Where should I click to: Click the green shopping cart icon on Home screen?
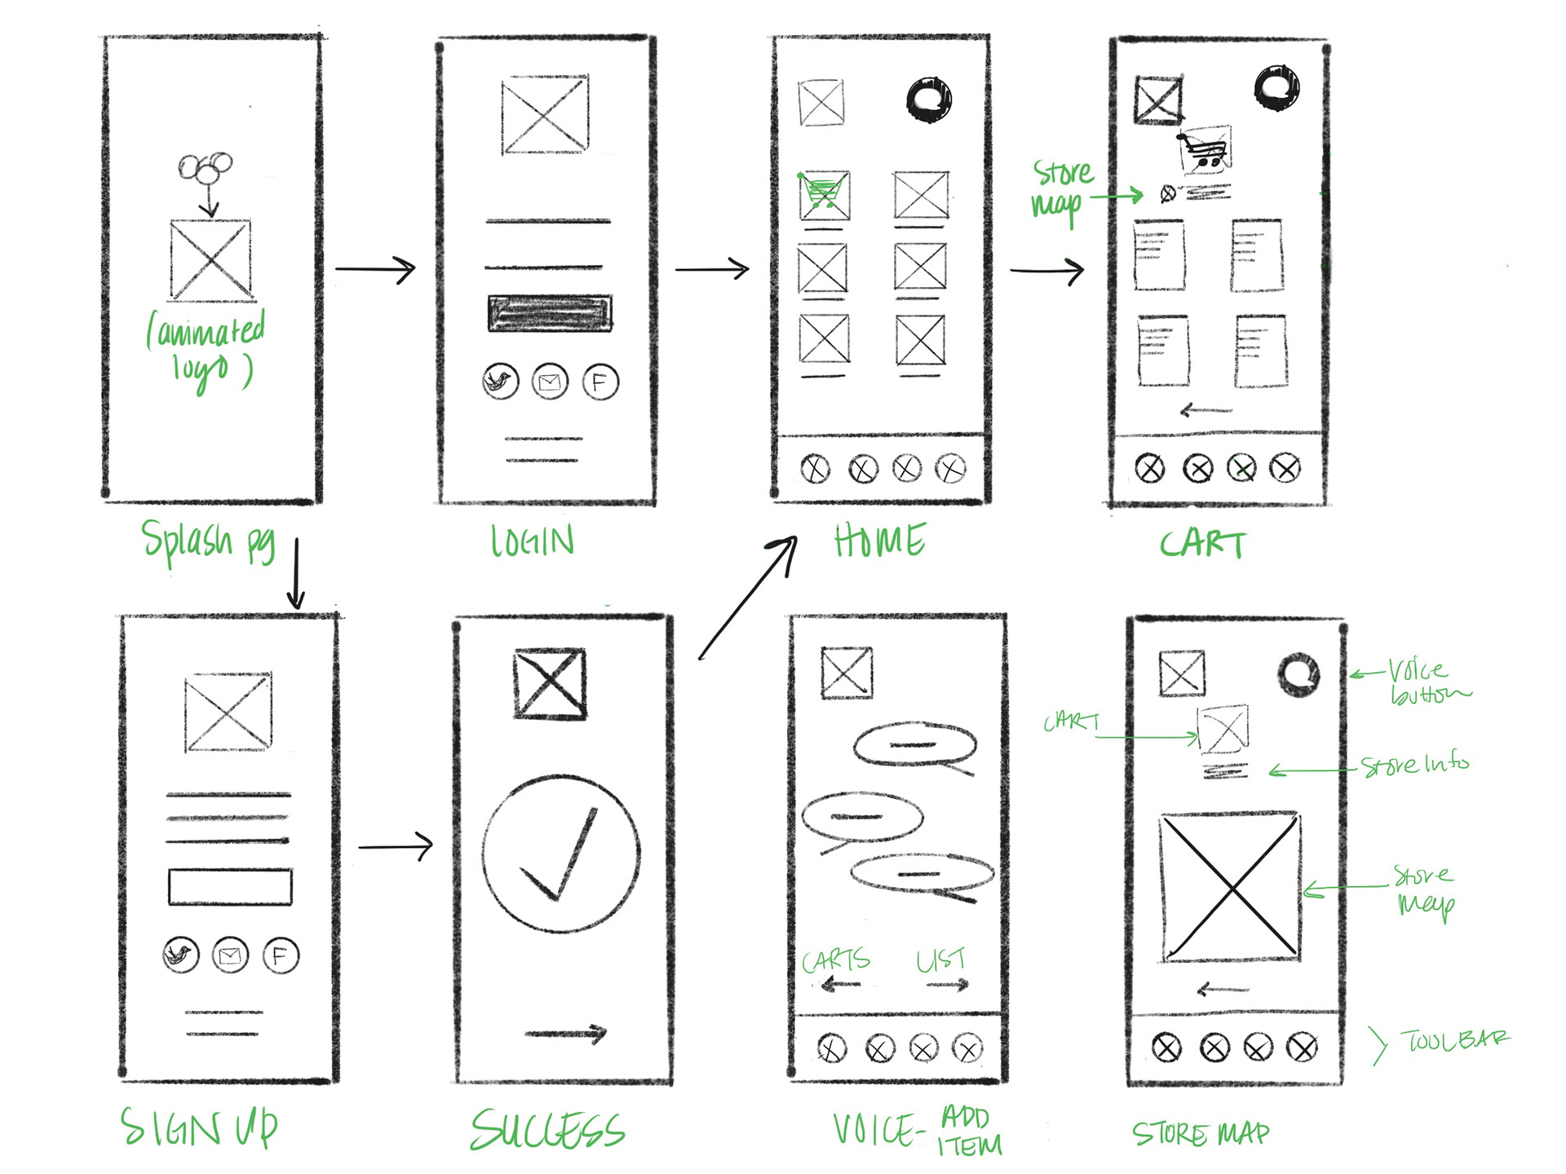(824, 194)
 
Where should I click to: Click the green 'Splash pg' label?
(209, 541)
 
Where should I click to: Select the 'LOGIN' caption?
(533, 541)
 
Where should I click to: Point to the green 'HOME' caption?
(880, 541)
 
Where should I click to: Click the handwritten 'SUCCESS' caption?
(547, 1130)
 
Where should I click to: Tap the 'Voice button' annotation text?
(1427, 682)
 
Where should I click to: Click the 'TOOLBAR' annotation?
(1455, 1040)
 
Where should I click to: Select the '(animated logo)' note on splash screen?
(206, 349)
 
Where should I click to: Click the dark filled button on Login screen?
(550, 313)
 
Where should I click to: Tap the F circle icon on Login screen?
(600, 382)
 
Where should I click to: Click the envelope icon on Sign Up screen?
(230, 956)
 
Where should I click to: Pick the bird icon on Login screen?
(500, 382)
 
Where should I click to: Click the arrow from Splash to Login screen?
(376, 269)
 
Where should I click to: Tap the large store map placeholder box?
(1230, 887)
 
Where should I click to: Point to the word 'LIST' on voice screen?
(940, 960)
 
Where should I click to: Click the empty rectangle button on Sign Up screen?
(230, 887)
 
